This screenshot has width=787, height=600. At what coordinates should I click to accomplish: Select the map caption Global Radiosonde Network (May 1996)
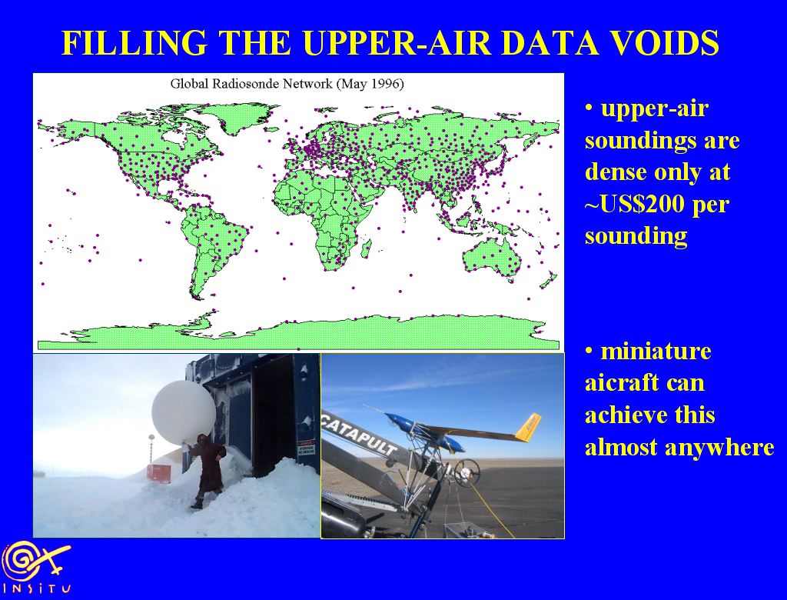point(287,83)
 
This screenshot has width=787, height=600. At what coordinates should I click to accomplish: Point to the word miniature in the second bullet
point(656,351)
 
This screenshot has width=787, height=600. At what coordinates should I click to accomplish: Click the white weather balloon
point(184,408)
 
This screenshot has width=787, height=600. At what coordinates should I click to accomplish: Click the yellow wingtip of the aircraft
point(529,428)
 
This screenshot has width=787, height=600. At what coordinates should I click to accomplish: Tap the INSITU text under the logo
point(37,588)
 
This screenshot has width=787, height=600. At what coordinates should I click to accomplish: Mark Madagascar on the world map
point(366,248)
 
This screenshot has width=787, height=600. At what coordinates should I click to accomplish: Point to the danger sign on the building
point(306,447)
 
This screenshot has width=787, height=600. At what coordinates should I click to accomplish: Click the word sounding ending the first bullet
point(636,236)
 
